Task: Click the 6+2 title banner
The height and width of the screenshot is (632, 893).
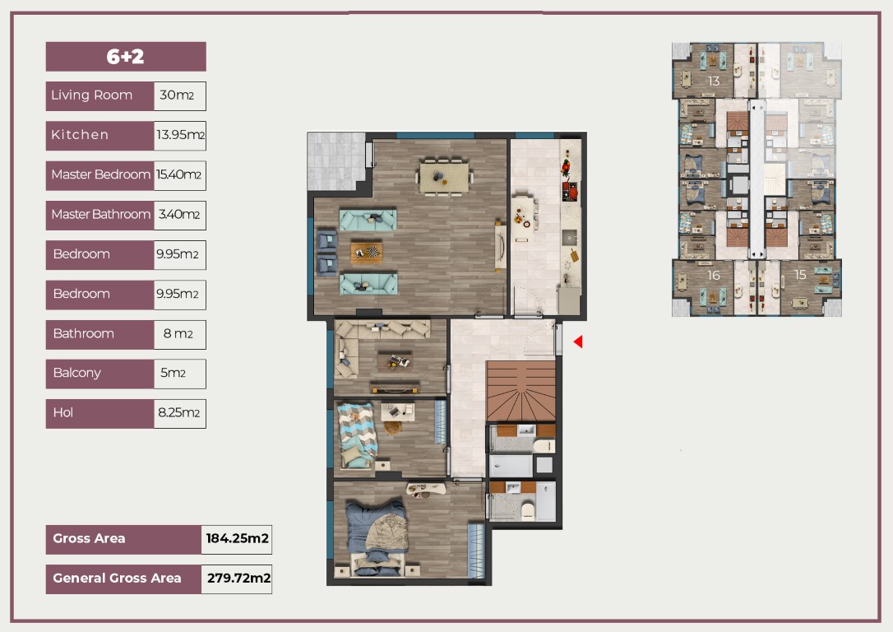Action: click(x=126, y=57)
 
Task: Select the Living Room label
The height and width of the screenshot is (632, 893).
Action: click(x=92, y=95)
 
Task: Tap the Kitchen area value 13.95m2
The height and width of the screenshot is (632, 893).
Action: click(x=180, y=135)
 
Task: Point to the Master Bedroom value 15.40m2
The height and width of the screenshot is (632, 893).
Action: click(x=178, y=175)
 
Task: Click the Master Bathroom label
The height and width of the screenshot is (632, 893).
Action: click(x=101, y=214)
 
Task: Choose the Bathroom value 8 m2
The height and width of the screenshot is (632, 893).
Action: click(x=178, y=334)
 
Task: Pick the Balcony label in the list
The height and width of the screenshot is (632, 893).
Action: click(x=77, y=374)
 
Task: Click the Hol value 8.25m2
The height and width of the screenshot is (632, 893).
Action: click(x=178, y=413)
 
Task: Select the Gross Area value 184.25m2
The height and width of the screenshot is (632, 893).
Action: click(x=237, y=538)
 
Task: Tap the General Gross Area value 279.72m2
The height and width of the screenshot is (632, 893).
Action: click(x=238, y=579)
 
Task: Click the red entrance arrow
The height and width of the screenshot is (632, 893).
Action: click(x=578, y=342)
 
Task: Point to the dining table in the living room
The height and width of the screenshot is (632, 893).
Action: click(x=444, y=177)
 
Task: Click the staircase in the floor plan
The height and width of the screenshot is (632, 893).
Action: click(x=521, y=391)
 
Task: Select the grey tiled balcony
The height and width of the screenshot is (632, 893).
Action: click(x=336, y=161)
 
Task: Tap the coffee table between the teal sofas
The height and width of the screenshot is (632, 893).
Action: click(x=366, y=251)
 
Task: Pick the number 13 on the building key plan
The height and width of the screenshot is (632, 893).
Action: click(x=714, y=81)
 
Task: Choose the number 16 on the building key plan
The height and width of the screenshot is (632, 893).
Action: click(x=714, y=275)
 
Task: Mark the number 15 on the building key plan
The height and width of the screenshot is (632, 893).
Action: click(x=800, y=275)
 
